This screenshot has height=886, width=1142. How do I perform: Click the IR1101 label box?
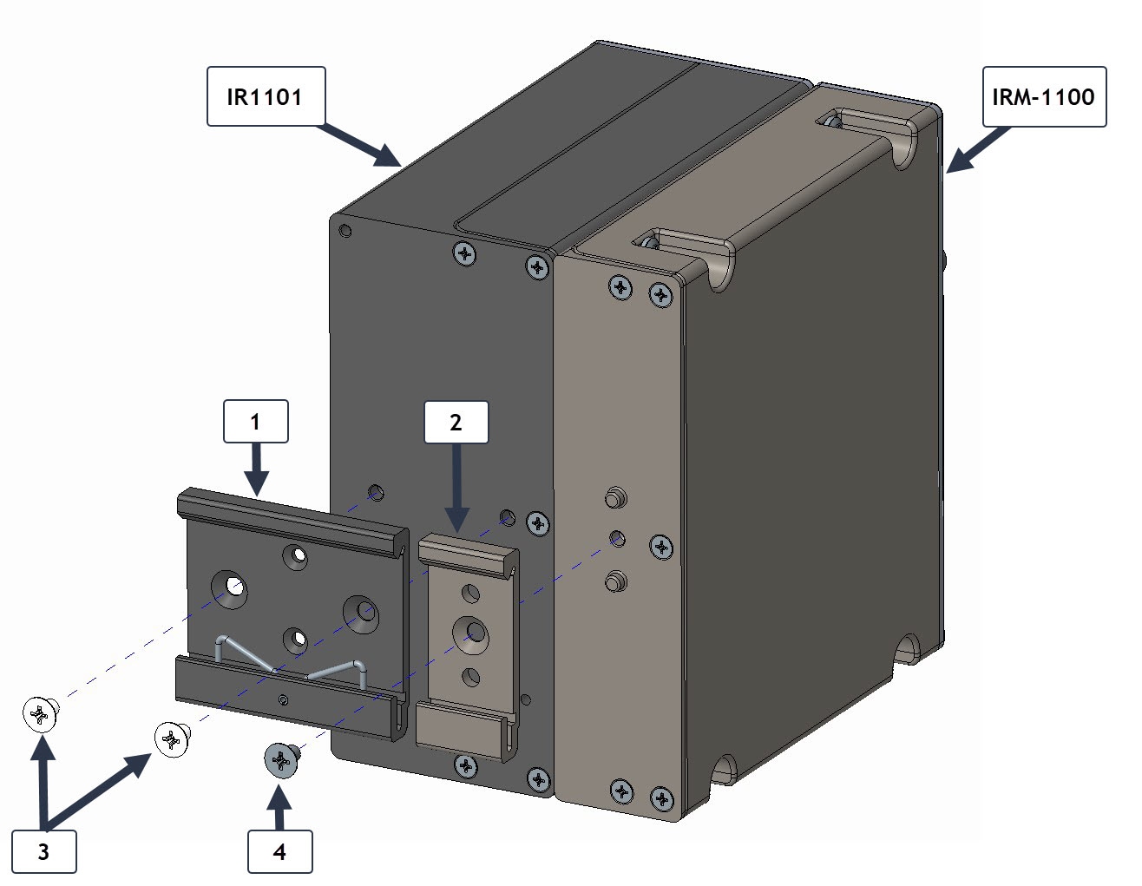(x=266, y=96)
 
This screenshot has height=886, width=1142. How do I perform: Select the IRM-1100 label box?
(x=1043, y=96)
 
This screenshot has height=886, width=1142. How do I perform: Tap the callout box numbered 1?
(x=255, y=422)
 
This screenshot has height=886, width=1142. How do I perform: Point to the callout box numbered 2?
(x=456, y=422)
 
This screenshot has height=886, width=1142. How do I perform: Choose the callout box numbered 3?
(x=43, y=851)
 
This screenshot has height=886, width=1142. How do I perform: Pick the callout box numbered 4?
(x=279, y=851)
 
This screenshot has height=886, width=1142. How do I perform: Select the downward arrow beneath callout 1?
(x=256, y=469)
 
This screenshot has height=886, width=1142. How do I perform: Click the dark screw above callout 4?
(x=281, y=759)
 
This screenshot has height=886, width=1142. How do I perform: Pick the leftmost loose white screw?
(x=40, y=713)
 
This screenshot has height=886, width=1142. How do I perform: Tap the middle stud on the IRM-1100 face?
(x=617, y=538)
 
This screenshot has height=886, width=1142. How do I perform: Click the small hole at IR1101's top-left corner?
(x=345, y=231)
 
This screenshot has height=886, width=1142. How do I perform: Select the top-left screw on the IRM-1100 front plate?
(x=620, y=287)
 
